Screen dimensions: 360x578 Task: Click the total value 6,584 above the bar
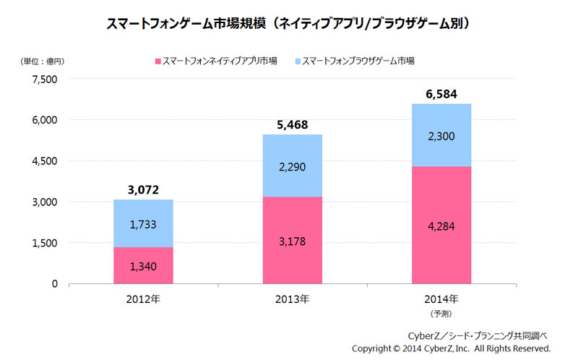[441, 94]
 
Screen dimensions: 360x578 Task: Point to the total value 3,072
[143, 190]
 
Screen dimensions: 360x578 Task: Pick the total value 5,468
[292, 125]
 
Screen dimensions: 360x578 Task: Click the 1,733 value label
[143, 225]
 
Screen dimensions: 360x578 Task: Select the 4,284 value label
[441, 226]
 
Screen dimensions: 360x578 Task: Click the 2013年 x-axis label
[293, 299]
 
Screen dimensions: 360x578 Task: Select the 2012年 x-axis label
[143, 299]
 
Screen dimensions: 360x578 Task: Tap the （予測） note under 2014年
[441, 314]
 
